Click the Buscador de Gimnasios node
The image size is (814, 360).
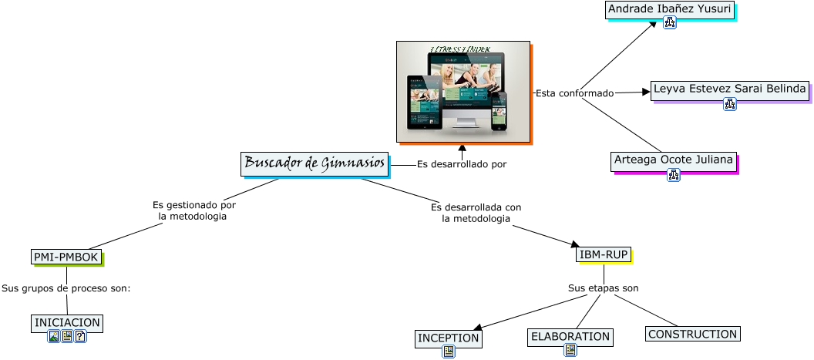point(314,163)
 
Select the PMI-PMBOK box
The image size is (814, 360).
point(66,257)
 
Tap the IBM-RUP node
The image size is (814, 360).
point(604,254)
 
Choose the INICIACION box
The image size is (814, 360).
point(67,322)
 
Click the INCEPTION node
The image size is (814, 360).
point(448,338)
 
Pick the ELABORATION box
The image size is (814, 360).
point(570,337)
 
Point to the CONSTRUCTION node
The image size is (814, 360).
point(692,334)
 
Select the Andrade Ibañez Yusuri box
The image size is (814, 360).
point(669,9)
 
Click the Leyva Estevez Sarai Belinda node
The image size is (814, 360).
point(729,89)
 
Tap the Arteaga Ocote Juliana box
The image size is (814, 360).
point(673,160)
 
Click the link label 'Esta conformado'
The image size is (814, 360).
point(574,93)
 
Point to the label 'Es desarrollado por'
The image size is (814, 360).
point(461,164)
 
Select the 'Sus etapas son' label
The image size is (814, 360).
point(603,288)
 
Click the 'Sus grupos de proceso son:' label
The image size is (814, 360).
point(66,288)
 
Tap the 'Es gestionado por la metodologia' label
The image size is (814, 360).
point(193,211)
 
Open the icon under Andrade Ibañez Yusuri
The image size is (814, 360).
point(669,23)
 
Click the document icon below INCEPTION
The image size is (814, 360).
point(449,352)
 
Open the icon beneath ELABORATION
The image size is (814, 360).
point(570,350)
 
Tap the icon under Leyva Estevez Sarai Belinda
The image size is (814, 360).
point(729,104)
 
